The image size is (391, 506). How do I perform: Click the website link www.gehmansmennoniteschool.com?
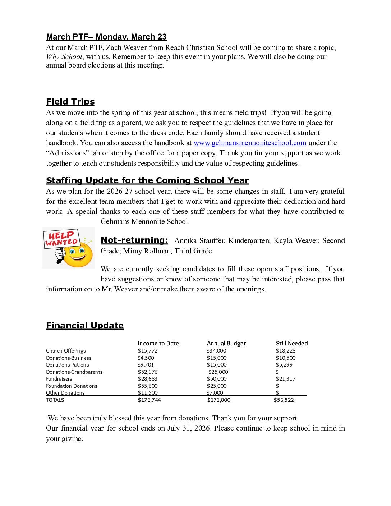(x=250, y=143)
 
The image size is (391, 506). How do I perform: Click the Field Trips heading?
(x=70, y=102)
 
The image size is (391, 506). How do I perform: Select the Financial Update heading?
(x=85, y=326)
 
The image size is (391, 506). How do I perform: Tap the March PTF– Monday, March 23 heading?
(x=106, y=37)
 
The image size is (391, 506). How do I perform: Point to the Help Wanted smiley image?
(x=68, y=248)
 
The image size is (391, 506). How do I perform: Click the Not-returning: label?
(x=134, y=240)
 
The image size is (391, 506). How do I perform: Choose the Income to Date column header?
(x=158, y=344)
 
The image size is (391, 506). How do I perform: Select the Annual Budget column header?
(x=226, y=344)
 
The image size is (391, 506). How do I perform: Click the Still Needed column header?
(x=292, y=344)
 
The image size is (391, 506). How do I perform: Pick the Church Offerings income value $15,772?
(x=148, y=351)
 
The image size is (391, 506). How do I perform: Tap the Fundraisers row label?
(x=59, y=379)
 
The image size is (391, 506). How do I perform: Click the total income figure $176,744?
(x=149, y=400)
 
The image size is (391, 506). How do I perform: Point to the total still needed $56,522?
(x=284, y=400)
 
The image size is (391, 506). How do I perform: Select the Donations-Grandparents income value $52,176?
(x=148, y=372)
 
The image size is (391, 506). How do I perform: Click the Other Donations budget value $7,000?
(x=215, y=393)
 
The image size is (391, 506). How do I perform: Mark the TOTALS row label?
(x=55, y=400)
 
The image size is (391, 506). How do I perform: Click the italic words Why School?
(x=64, y=57)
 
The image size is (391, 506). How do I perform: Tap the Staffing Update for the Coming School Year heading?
(x=147, y=180)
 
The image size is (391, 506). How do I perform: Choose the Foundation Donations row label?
(x=72, y=386)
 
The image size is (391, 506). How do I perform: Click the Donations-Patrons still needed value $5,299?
(x=284, y=365)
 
